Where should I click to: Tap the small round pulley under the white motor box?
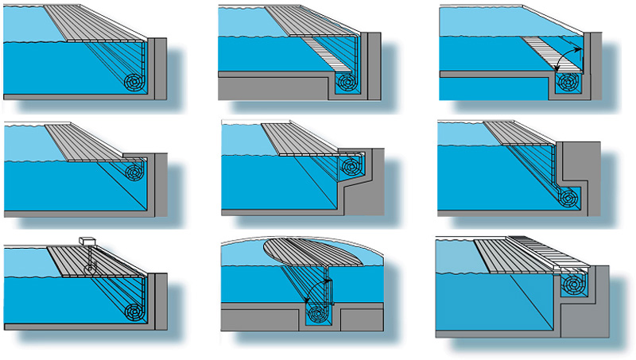point(90,268)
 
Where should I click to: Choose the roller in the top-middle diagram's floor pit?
point(348,82)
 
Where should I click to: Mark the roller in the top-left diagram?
point(137,83)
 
